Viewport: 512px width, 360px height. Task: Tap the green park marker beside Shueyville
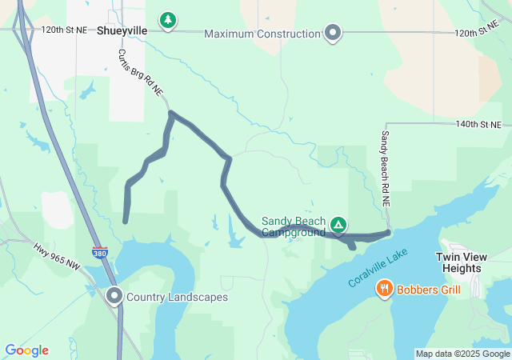point(167,20)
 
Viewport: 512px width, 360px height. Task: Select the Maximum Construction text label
point(262,34)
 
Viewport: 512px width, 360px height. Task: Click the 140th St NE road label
point(478,125)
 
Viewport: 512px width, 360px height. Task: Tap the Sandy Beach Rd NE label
point(386,169)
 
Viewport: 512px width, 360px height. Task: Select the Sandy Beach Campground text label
point(294,227)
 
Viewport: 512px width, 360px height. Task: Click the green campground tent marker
point(338,225)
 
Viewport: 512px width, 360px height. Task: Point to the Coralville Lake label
point(378,269)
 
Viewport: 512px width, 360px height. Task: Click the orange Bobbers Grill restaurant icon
point(384,289)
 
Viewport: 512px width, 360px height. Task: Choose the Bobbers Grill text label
point(428,289)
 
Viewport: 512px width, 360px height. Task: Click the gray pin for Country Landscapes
point(114,296)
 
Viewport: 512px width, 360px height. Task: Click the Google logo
point(26,350)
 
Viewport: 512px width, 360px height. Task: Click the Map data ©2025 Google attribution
point(462,354)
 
